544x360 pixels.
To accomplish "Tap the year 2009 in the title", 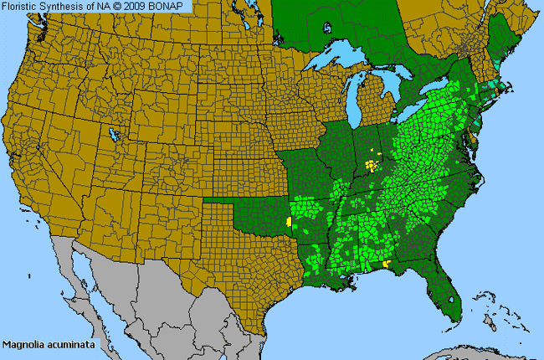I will pos(139,6).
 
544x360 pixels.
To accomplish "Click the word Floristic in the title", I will pos(23,6).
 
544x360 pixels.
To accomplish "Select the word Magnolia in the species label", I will pos(22,344).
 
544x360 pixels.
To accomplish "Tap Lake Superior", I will pos(335,61).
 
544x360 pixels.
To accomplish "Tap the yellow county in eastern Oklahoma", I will pos(290,222).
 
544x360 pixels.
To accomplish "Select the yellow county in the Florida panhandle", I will pos(386,264).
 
